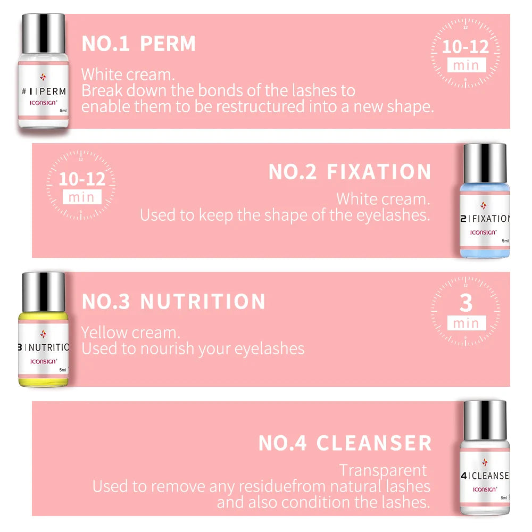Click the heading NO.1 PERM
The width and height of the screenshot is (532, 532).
(x=138, y=44)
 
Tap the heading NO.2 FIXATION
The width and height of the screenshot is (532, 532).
(x=350, y=172)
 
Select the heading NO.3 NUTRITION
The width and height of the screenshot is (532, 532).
(x=173, y=302)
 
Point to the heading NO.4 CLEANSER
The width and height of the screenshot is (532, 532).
(x=345, y=443)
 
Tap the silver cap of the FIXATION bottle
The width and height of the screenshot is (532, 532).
(x=485, y=162)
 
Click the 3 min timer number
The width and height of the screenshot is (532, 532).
(x=465, y=303)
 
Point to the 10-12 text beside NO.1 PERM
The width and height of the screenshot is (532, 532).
(x=465, y=47)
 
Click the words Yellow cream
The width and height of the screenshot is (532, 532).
(x=130, y=333)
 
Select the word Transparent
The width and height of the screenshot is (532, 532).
(x=383, y=470)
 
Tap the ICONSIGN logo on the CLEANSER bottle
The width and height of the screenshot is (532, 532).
(x=485, y=488)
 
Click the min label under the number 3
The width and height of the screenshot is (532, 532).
(x=465, y=323)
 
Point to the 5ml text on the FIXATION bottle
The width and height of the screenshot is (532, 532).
(x=504, y=241)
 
